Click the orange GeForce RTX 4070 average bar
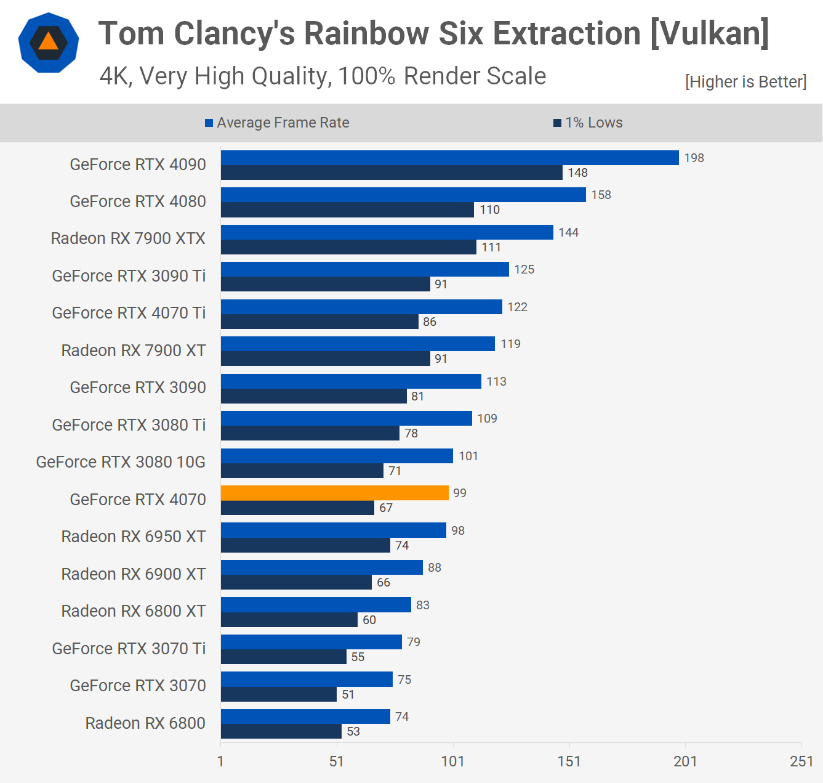tap(334, 493)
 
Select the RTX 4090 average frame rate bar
tap(449, 158)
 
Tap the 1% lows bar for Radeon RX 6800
tap(281, 731)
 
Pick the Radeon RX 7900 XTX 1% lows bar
tap(348, 247)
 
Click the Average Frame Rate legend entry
tap(277, 123)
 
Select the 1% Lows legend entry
tap(588, 123)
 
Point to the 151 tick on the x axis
tap(569, 761)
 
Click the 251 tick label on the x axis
tap(801, 761)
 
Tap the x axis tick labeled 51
tap(336, 761)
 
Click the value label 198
tap(694, 158)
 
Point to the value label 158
tap(601, 195)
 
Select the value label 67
tap(386, 508)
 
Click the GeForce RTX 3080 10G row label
tap(121, 462)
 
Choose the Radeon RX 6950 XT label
tap(134, 537)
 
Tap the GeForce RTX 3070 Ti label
tap(129, 649)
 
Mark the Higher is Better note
tap(745, 82)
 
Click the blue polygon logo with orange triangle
tap(49, 43)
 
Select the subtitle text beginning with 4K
tap(323, 76)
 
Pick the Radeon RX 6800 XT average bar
tap(316, 605)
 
